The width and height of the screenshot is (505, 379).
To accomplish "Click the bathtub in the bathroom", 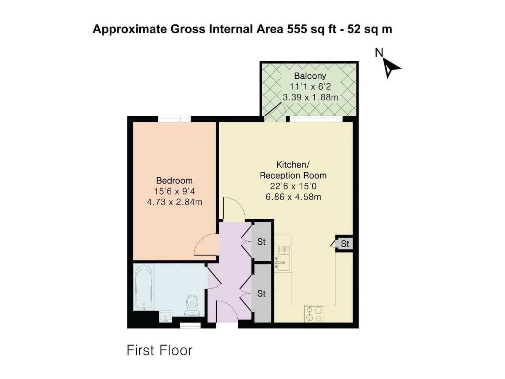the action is (x=144, y=287).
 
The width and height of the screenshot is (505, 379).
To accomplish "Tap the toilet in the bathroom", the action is (x=192, y=305).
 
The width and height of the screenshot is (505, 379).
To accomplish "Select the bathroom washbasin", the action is (x=165, y=316).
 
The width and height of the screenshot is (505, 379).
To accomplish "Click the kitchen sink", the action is (x=283, y=262).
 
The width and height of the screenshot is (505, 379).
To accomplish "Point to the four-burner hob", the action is (x=314, y=314).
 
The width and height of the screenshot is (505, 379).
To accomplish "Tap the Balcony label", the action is (x=310, y=76).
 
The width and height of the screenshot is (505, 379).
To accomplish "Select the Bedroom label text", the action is (x=174, y=180).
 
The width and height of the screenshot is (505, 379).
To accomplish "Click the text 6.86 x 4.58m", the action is (x=293, y=197).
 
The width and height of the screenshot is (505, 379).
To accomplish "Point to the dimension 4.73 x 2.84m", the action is (x=174, y=202).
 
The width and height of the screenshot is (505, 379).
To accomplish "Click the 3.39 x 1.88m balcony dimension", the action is (x=310, y=97).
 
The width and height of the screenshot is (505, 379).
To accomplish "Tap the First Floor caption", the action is (x=159, y=351).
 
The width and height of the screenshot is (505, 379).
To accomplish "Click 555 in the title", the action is (x=297, y=29).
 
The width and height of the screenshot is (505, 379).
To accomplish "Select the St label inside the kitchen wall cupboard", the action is (x=345, y=244).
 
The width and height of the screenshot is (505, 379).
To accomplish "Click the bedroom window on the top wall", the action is (x=174, y=119).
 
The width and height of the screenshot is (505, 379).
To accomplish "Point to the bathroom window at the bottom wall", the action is (x=190, y=326).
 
